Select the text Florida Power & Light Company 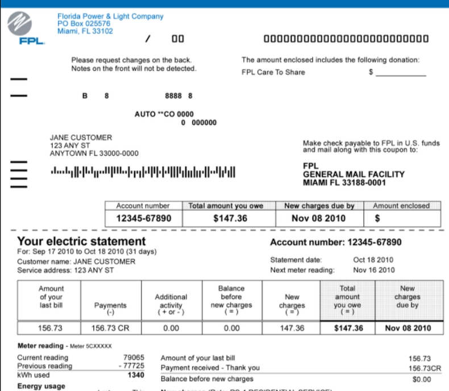click(110, 16)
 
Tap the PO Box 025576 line click(84, 24)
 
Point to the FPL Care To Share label click(273, 72)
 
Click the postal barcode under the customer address click(143, 170)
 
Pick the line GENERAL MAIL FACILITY click(354, 174)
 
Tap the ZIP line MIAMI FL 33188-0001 click(344, 183)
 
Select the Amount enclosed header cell click(401, 206)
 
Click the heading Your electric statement click(81, 242)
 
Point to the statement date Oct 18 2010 click(373, 260)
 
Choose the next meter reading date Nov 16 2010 click(373, 271)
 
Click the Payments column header click(110, 307)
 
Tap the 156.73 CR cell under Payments click(110, 328)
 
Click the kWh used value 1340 click(136, 376)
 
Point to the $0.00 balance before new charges click(421, 379)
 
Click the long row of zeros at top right click(346, 39)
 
